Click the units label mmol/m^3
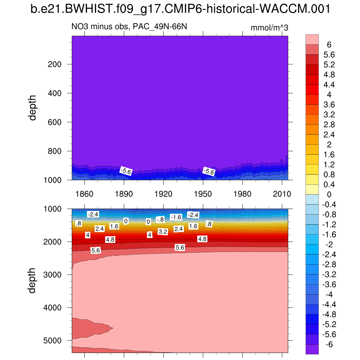(269, 28)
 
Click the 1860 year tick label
(84, 194)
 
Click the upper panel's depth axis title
(33, 107)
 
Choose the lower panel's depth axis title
(33, 280)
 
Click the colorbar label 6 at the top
(329, 45)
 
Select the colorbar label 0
(329, 195)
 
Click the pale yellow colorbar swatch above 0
(312, 189)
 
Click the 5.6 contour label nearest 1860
(96, 250)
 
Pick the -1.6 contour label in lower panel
(176, 217)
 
